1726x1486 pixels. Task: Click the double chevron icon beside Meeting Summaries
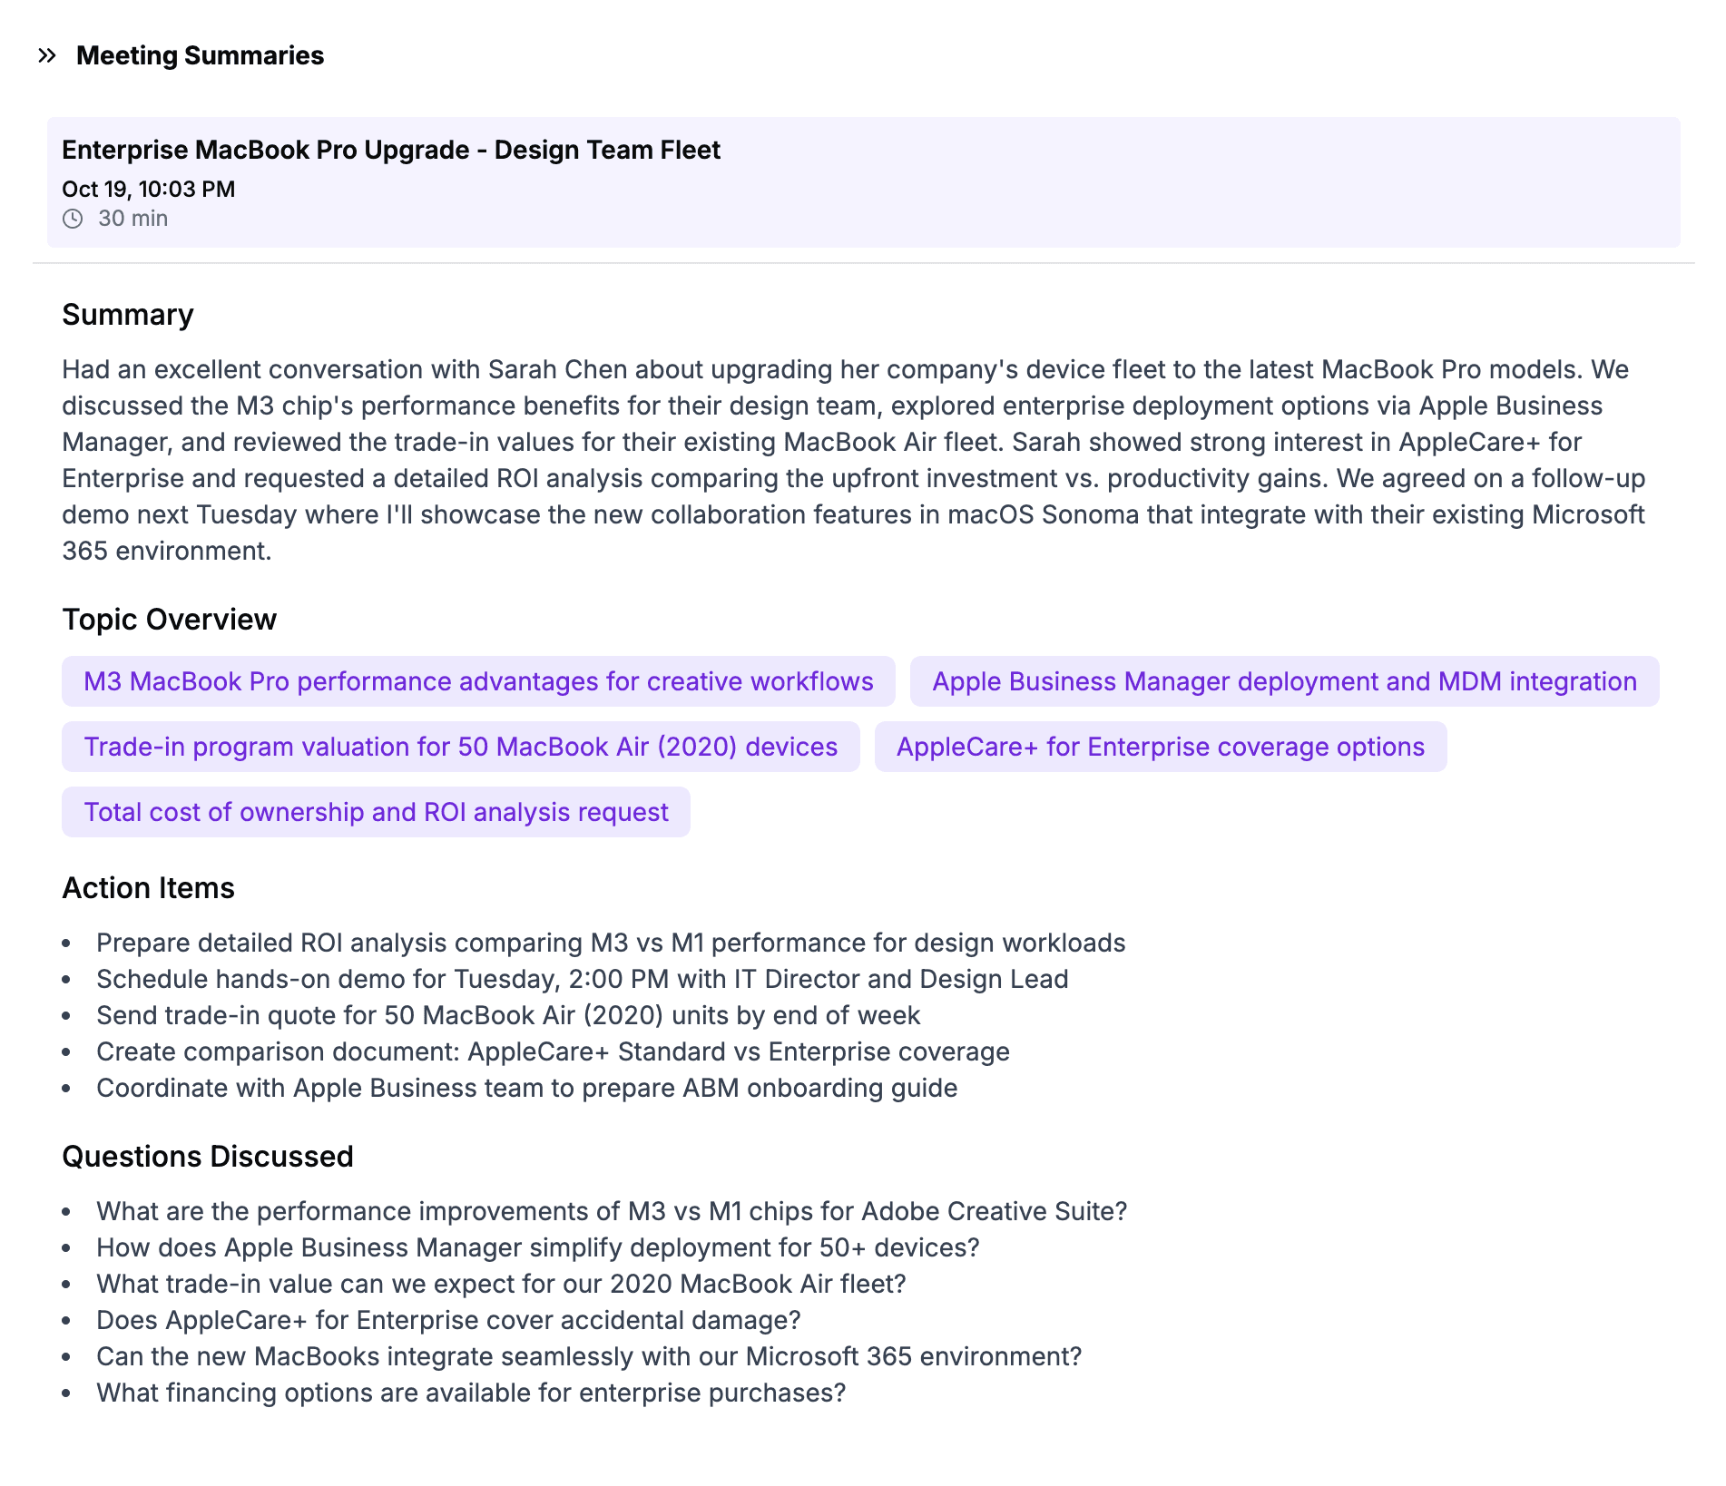47,56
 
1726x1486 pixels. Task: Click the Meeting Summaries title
200,56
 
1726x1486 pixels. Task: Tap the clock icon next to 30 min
73,219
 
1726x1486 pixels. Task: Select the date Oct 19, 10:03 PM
148,189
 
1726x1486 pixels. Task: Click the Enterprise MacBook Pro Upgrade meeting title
390,150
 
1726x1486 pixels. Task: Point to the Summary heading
127,315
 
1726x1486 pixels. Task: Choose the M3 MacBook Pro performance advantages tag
478,681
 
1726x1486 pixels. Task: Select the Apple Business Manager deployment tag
1284,681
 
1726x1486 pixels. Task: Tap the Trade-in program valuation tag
460,747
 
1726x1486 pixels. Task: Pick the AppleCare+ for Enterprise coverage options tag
1160,747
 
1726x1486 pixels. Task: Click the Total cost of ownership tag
376,812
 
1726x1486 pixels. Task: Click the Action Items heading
148,888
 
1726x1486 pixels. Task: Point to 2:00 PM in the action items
618,979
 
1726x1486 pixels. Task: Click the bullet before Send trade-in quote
66,1016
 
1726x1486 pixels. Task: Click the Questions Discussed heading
207,1157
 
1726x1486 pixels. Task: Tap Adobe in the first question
899,1211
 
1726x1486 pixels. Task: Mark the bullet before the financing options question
66,1393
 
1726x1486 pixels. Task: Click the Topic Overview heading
169,620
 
